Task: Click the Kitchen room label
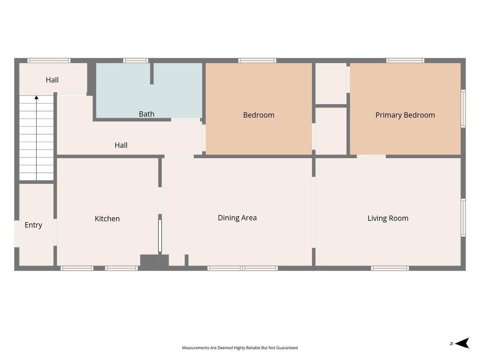(107, 219)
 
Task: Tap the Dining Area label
(237, 218)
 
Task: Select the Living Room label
(388, 218)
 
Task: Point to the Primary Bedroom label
(405, 115)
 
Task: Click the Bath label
(147, 114)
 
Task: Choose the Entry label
(33, 225)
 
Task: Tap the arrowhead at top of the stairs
(36, 97)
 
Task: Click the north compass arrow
(462, 343)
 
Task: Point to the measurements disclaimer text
(240, 348)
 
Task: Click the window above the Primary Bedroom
(405, 60)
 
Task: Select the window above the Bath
(136, 60)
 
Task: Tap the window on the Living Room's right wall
(463, 218)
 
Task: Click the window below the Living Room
(390, 268)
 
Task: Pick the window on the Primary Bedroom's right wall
(463, 109)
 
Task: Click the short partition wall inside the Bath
(152, 73)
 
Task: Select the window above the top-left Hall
(49, 60)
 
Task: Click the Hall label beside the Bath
(121, 145)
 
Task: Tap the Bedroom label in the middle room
(259, 115)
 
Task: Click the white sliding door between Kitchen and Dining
(160, 235)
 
